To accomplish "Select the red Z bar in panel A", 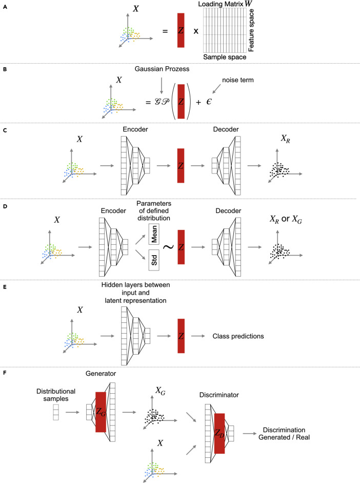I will coord(181,31).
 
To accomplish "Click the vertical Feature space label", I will coord(252,30).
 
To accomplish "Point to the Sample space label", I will coord(225,57).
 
